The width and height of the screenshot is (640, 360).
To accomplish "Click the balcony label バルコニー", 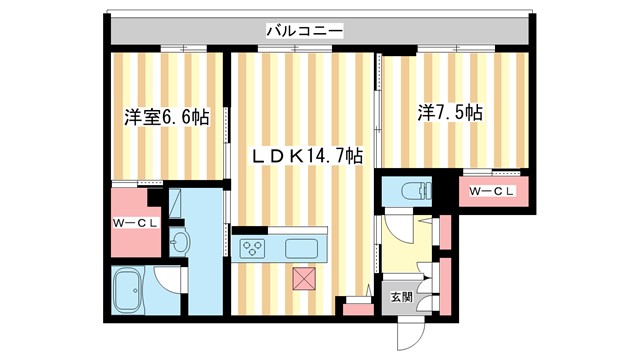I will coord(305,31).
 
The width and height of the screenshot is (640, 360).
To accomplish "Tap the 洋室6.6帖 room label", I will coord(166,117).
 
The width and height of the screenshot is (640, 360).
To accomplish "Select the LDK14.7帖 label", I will coord(306,156).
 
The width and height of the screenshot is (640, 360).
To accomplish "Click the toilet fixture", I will coord(412,190).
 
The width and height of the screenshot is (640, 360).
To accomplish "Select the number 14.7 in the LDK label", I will coord(327,156).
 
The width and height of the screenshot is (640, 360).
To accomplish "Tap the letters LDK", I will coord(275,156).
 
